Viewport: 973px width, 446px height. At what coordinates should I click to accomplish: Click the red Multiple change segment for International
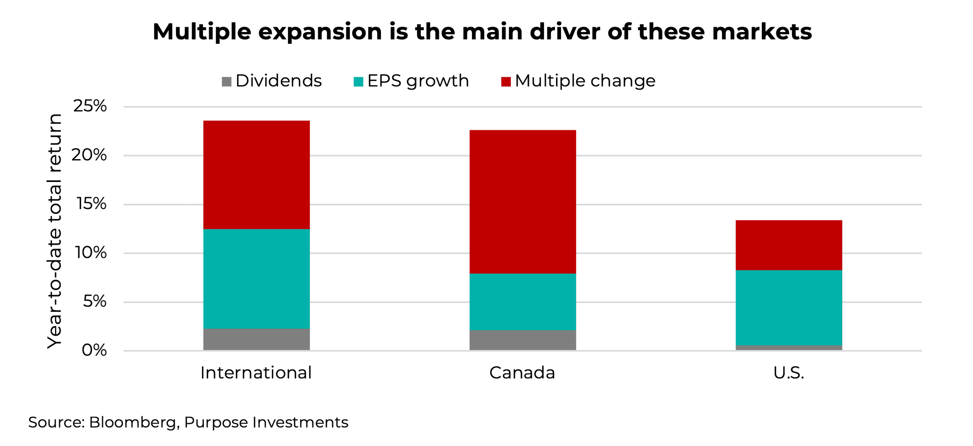(x=256, y=175)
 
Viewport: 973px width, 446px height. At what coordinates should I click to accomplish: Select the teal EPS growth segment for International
(x=256, y=279)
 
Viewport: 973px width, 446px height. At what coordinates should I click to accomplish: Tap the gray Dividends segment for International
(x=256, y=339)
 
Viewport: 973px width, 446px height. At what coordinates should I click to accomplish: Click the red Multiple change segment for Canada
(x=523, y=201)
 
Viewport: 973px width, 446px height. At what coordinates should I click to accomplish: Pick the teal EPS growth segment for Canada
(x=523, y=302)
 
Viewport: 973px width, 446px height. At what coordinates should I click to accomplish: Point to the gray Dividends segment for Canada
(x=523, y=340)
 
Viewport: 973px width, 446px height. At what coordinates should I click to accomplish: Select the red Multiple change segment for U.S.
(x=789, y=245)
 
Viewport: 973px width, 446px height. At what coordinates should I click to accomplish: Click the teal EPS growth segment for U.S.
(x=789, y=307)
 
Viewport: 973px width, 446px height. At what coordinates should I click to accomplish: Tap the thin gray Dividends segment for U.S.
(x=789, y=347)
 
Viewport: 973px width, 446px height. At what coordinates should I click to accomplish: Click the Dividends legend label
(x=278, y=81)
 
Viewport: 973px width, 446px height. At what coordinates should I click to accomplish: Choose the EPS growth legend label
(x=418, y=81)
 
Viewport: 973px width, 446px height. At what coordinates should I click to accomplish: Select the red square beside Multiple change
(x=506, y=82)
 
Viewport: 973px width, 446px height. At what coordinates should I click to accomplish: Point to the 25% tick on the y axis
(x=90, y=106)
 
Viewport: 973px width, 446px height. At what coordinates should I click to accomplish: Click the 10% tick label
(x=90, y=252)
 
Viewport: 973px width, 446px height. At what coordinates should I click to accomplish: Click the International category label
(x=256, y=373)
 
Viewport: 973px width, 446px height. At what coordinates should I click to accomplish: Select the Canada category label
(x=522, y=373)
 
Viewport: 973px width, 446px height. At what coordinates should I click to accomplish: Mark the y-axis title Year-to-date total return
(x=54, y=231)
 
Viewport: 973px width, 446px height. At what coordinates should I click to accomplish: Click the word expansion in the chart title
(x=320, y=32)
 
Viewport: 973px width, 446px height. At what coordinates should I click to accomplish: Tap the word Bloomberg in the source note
(x=132, y=422)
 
